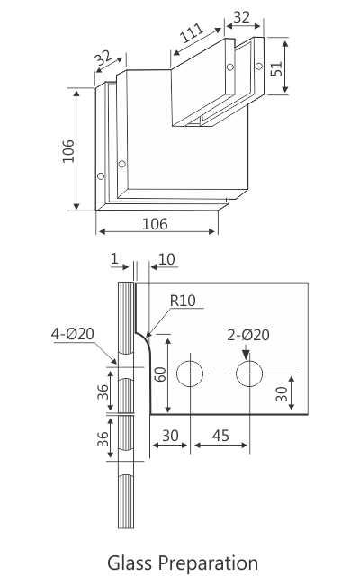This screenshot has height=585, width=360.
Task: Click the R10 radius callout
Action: click(183, 301)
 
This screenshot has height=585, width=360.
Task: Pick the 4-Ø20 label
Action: click(73, 335)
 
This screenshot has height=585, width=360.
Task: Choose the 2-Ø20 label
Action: click(248, 335)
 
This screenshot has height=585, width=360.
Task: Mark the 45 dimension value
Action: click(220, 436)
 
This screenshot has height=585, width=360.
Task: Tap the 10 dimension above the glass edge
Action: click(167, 260)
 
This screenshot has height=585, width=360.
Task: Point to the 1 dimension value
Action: click(115, 260)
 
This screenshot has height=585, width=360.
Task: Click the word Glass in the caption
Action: click(130, 564)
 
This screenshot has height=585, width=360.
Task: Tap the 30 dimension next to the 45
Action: click(168, 436)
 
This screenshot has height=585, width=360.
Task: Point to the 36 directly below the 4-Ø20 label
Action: click(104, 391)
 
